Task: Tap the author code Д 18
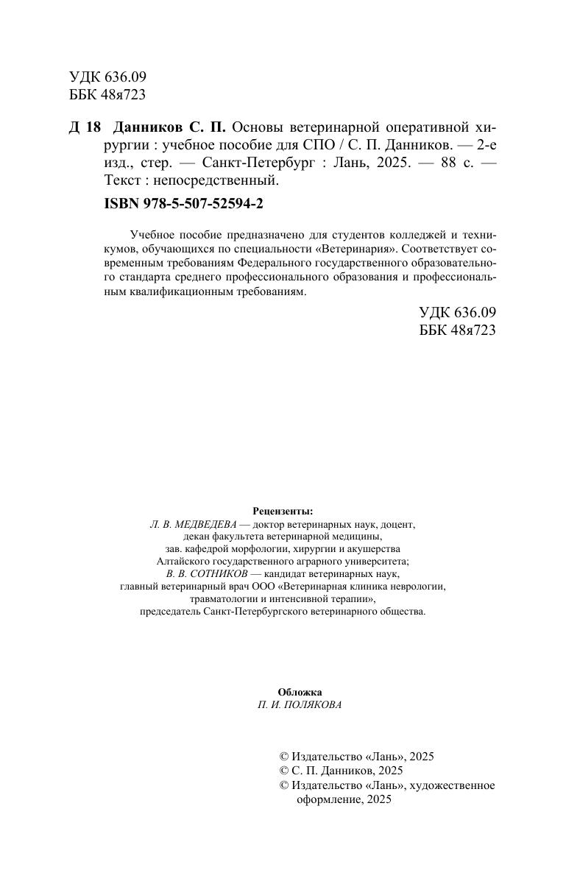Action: (x=85, y=126)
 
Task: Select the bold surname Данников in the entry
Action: (x=150, y=126)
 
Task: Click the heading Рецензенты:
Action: (x=283, y=511)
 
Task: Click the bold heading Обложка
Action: (x=300, y=691)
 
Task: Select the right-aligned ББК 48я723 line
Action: (x=457, y=330)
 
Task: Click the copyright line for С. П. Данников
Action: (x=342, y=771)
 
